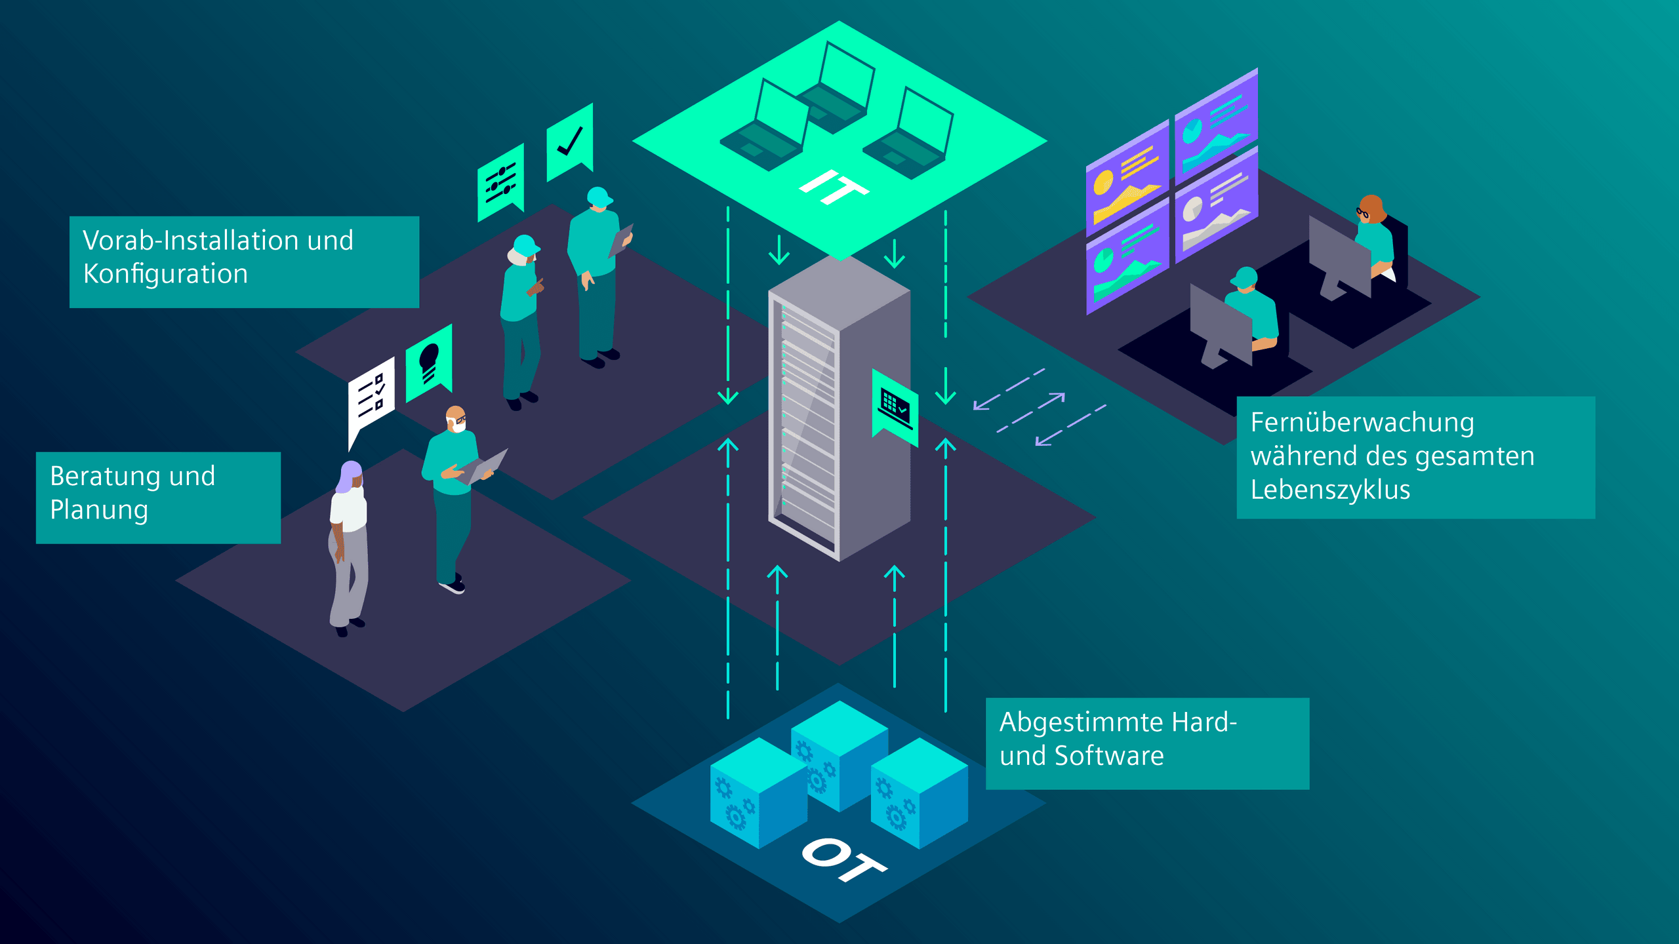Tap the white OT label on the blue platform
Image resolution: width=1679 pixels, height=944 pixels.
click(x=843, y=859)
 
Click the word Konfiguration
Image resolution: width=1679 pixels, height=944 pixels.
click(x=165, y=274)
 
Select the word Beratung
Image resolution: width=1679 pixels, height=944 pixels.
click(x=105, y=476)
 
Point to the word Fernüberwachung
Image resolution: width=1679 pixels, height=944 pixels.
click(x=1362, y=423)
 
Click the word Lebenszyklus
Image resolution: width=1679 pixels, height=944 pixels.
click(x=1329, y=490)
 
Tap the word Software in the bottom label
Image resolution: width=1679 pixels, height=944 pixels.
click(x=1108, y=756)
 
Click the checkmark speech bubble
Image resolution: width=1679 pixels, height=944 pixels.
click(x=569, y=141)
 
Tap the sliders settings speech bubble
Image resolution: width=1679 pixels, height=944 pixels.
click(x=500, y=182)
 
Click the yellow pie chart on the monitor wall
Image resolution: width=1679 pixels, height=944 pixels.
click(x=1103, y=182)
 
